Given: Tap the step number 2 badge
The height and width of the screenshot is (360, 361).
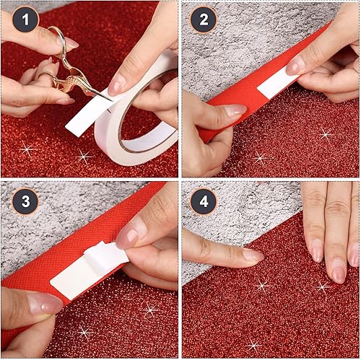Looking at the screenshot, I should pos(204,20).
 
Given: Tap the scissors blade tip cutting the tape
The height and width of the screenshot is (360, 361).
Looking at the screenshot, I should pos(109,99).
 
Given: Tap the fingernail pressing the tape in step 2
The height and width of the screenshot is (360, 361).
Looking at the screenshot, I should pos(295,66).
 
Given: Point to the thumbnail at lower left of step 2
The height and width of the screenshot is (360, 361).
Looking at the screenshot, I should pos(235,111).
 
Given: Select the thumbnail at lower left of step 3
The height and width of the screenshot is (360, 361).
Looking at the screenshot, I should pos(45,304).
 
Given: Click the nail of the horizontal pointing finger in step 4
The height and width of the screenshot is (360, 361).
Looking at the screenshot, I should pos(252,255).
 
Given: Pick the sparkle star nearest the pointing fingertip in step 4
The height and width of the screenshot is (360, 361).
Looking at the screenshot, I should pos(262,285).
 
